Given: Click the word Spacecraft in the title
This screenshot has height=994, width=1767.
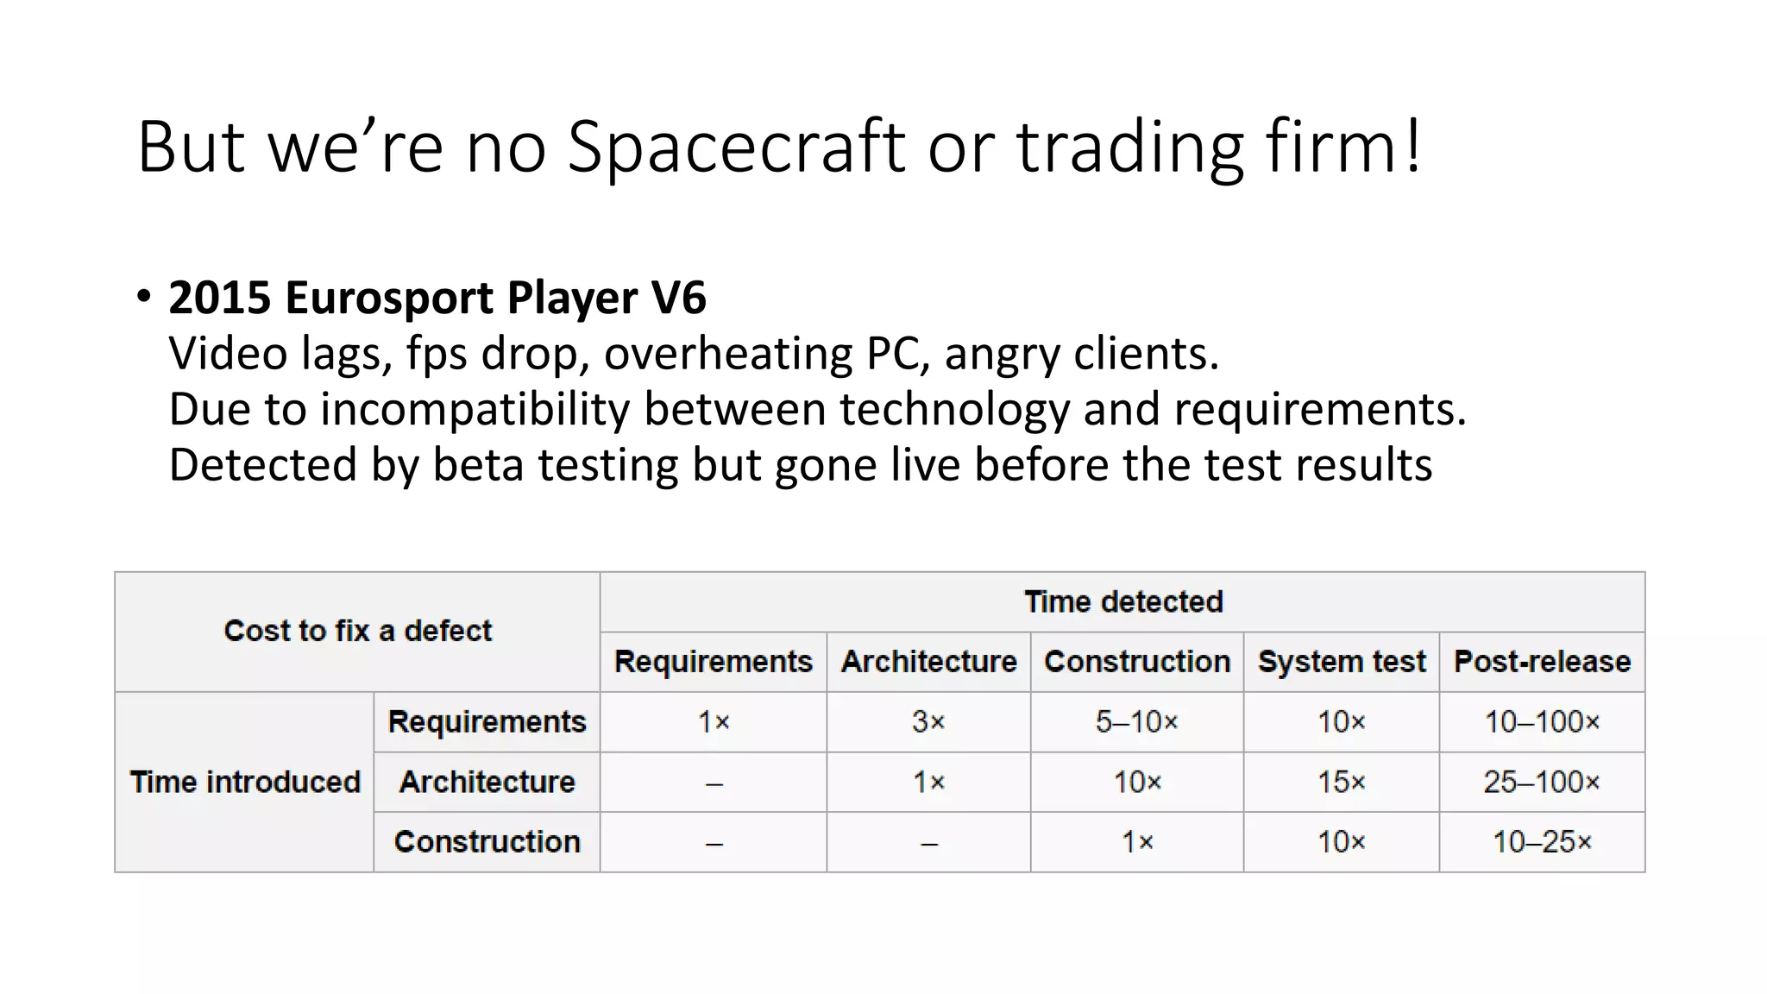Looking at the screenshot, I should pos(736,147).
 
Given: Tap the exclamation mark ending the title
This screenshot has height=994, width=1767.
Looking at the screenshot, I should pos(1412,147).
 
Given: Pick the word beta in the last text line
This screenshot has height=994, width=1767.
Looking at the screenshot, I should pos(478,465).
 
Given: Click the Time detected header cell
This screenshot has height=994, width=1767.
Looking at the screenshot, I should pos(1122,601).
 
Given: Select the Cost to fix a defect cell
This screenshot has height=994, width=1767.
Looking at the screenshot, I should pos(357,631).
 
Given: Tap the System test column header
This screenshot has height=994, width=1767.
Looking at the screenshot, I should pos(1341,662).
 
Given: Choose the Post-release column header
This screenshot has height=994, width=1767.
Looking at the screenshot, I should pos(1542,662).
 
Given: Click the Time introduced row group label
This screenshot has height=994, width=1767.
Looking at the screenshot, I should pos(245,782).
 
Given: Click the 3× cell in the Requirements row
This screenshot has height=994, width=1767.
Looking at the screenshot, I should pos(928,721).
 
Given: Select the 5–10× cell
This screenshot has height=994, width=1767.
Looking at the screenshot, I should pos(1136,721).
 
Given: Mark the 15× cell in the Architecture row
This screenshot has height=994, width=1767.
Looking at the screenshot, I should pos(1341,782).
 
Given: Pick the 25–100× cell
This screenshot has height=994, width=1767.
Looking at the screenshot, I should pos(1542,782).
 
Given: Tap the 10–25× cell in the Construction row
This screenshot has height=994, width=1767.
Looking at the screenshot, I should pos(1542,841).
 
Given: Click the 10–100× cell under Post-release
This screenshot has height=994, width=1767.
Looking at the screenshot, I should pos(1542,721).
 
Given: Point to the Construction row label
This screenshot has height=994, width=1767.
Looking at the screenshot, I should pos(487,841).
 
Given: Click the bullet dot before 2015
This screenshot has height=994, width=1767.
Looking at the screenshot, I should pos(144,297).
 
